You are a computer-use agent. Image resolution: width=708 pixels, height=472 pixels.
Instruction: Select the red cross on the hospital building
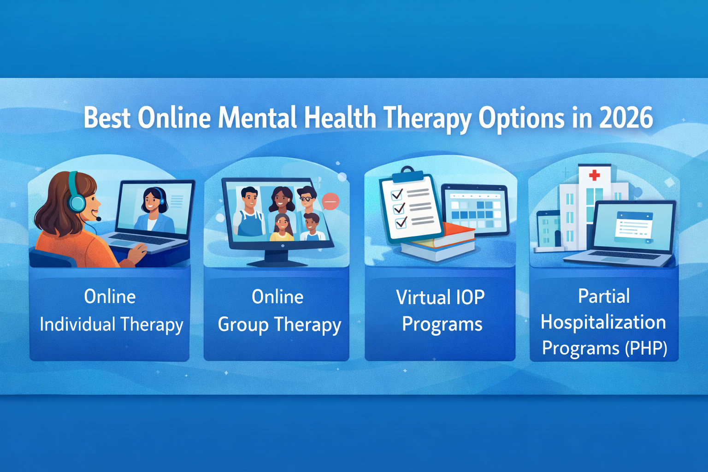[595, 175]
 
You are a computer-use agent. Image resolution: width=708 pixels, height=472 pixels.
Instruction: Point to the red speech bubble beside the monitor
[330, 201]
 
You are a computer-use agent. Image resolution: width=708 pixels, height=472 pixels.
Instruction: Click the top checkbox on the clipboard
[397, 194]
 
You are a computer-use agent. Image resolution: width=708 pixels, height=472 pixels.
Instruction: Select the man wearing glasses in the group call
[306, 199]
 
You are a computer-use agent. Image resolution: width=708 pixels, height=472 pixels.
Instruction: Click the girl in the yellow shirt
[282, 227]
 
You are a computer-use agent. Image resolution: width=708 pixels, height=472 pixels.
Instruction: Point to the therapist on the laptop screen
[153, 210]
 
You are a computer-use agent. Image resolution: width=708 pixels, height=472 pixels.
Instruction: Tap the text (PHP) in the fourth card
[646, 348]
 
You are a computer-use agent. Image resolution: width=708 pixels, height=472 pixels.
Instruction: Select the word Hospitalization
[603, 322]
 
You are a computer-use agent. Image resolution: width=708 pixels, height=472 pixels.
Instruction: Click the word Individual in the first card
[77, 324]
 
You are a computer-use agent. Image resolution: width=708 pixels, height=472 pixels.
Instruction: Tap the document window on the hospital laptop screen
[634, 226]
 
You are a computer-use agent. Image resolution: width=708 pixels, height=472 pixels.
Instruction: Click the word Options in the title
[521, 118]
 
